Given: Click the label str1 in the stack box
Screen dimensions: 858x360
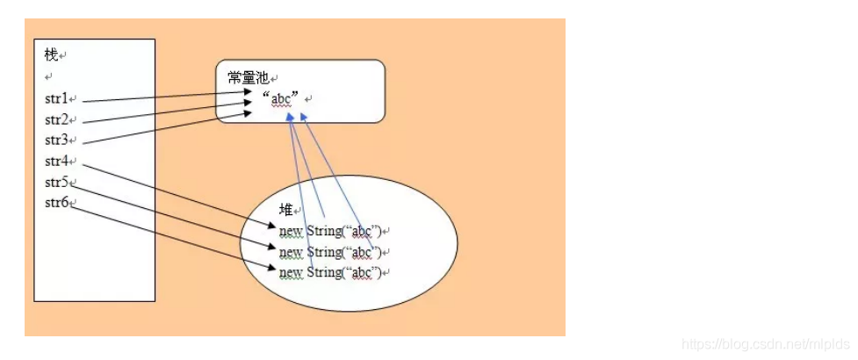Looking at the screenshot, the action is point(56,98).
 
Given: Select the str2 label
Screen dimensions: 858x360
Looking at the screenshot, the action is point(56,119).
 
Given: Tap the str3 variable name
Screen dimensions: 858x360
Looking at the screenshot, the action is point(56,140).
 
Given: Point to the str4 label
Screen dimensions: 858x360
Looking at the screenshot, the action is point(56,161).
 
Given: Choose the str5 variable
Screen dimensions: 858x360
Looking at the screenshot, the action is point(56,182).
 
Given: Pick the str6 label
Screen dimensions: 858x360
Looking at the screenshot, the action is point(56,203).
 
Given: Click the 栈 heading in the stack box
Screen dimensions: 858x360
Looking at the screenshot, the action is point(52,54).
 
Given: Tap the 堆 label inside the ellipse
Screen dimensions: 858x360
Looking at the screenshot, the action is point(286,210).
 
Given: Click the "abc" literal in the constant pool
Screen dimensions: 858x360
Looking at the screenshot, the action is point(280,99).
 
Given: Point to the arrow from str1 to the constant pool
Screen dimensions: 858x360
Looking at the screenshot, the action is point(167,97).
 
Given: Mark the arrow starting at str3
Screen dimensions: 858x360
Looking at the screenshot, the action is point(167,128).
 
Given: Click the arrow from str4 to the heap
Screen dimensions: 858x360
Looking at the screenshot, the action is point(179,195).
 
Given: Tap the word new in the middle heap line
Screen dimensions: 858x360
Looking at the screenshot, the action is point(291,252).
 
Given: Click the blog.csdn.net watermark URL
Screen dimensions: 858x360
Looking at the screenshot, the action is point(766,344).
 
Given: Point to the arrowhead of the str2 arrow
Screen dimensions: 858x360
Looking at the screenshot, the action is point(248,103).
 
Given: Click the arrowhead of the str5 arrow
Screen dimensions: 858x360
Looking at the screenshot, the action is point(272,247).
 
